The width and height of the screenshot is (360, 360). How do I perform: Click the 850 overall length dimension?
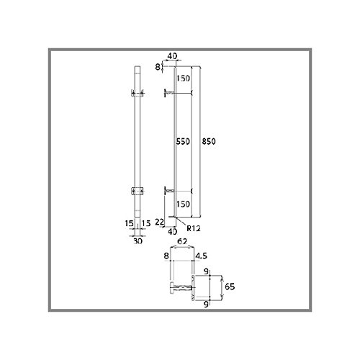209,141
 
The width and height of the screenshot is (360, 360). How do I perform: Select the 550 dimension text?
183,141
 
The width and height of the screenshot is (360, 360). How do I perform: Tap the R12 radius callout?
194,228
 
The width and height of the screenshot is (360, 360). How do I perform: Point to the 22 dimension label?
159,222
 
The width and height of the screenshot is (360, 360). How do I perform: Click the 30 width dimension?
138,240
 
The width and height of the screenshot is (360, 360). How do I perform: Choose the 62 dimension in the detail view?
181,241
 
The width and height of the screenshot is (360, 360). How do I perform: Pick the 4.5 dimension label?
201,256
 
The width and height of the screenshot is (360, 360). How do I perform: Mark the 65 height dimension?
230,287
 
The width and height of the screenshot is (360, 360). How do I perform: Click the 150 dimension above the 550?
183,78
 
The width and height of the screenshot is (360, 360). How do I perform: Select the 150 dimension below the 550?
183,204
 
